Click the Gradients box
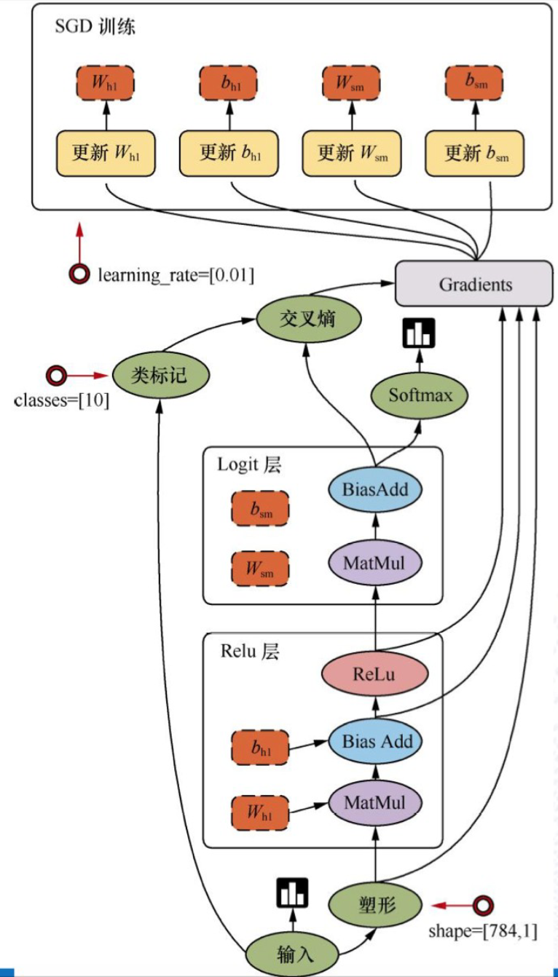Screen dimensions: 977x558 pyautogui.click(x=475, y=284)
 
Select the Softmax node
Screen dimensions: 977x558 pyautogui.click(x=420, y=395)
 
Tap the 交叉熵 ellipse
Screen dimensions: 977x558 pyautogui.click(x=307, y=318)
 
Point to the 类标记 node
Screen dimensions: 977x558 pyautogui.click(x=160, y=376)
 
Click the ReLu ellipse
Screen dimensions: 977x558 pyautogui.click(x=374, y=675)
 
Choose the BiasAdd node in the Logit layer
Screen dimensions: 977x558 pyautogui.click(x=374, y=489)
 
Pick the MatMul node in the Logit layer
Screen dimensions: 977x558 pyautogui.click(x=374, y=562)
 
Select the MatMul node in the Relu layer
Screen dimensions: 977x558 pyautogui.click(x=374, y=804)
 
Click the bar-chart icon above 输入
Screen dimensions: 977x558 pyautogui.click(x=292, y=893)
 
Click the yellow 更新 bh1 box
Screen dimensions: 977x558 pyautogui.click(x=229, y=154)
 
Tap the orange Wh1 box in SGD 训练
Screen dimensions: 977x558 pyautogui.click(x=106, y=83)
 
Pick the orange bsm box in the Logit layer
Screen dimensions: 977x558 pyautogui.click(x=260, y=509)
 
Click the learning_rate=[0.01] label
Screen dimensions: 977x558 pyautogui.click(x=176, y=275)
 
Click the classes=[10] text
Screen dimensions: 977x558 pyautogui.click(x=62, y=400)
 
